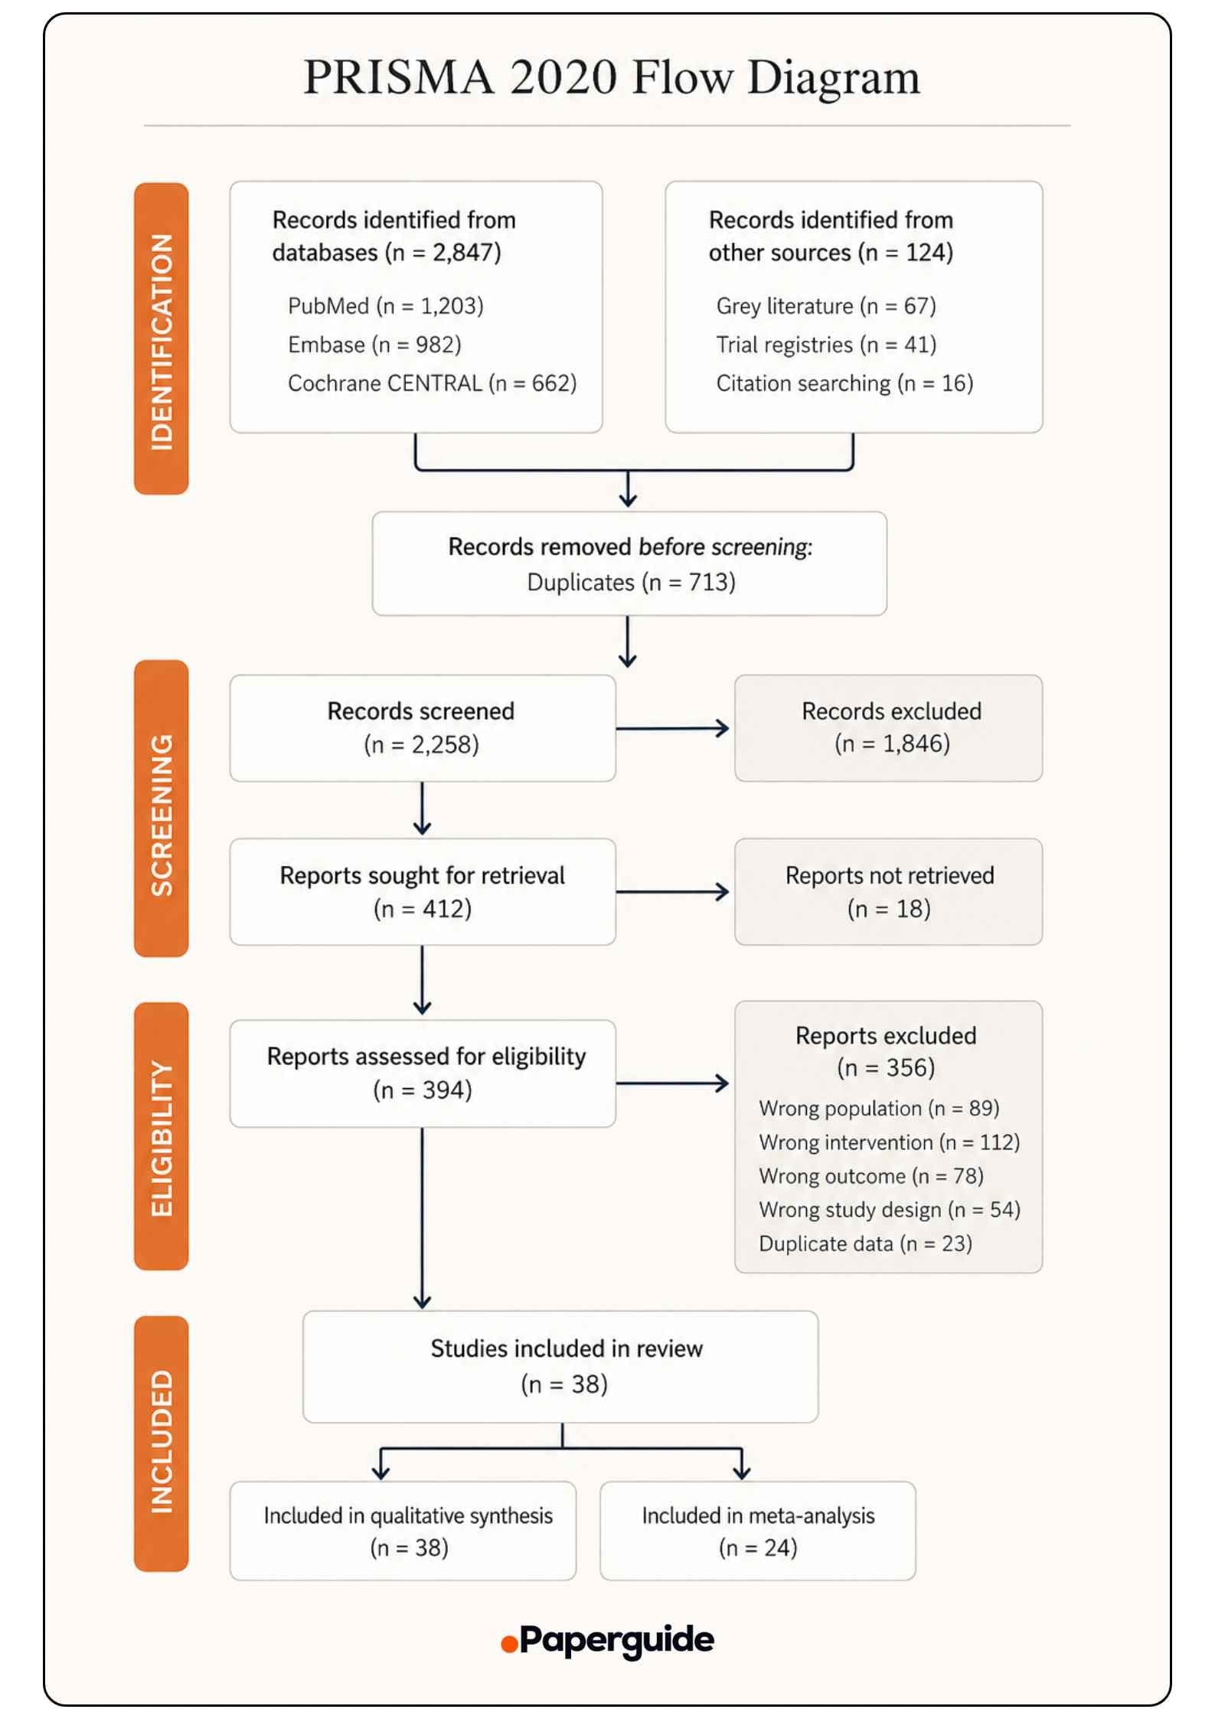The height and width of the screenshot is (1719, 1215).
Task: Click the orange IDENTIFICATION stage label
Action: pos(161,338)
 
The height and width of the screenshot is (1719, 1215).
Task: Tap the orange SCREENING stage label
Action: pos(161,809)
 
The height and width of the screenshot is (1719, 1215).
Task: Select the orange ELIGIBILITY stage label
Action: pos(161,1136)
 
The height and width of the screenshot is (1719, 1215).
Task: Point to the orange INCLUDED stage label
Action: pos(161,1444)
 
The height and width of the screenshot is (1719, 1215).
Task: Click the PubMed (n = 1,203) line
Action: pos(386,306)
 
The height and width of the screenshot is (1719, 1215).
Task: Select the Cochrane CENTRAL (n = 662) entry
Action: pos(432,383)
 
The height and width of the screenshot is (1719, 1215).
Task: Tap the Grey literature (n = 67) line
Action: pos(826,306)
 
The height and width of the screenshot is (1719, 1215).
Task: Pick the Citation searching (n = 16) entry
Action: pos(844,383)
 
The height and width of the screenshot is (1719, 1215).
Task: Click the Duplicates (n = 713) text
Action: pos(631,583)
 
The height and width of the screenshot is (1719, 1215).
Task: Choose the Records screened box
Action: pos(423,728)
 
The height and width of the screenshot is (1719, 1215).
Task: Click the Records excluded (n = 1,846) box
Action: pos(889,728)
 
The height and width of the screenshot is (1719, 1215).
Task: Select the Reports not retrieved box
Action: pos(889,892)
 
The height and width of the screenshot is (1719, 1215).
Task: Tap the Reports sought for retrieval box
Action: pos(423,892)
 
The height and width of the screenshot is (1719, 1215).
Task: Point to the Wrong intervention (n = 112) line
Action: pos(890,1142)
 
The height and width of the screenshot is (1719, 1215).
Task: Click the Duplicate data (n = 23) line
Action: pos(865,1243)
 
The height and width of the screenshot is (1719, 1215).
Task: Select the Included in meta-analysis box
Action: pos(758,1531)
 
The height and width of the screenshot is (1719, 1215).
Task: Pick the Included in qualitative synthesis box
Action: pos(403,1531)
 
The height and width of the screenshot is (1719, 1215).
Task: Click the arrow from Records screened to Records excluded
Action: pos(672,728)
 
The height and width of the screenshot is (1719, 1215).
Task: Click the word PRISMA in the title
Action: pos(398,77)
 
